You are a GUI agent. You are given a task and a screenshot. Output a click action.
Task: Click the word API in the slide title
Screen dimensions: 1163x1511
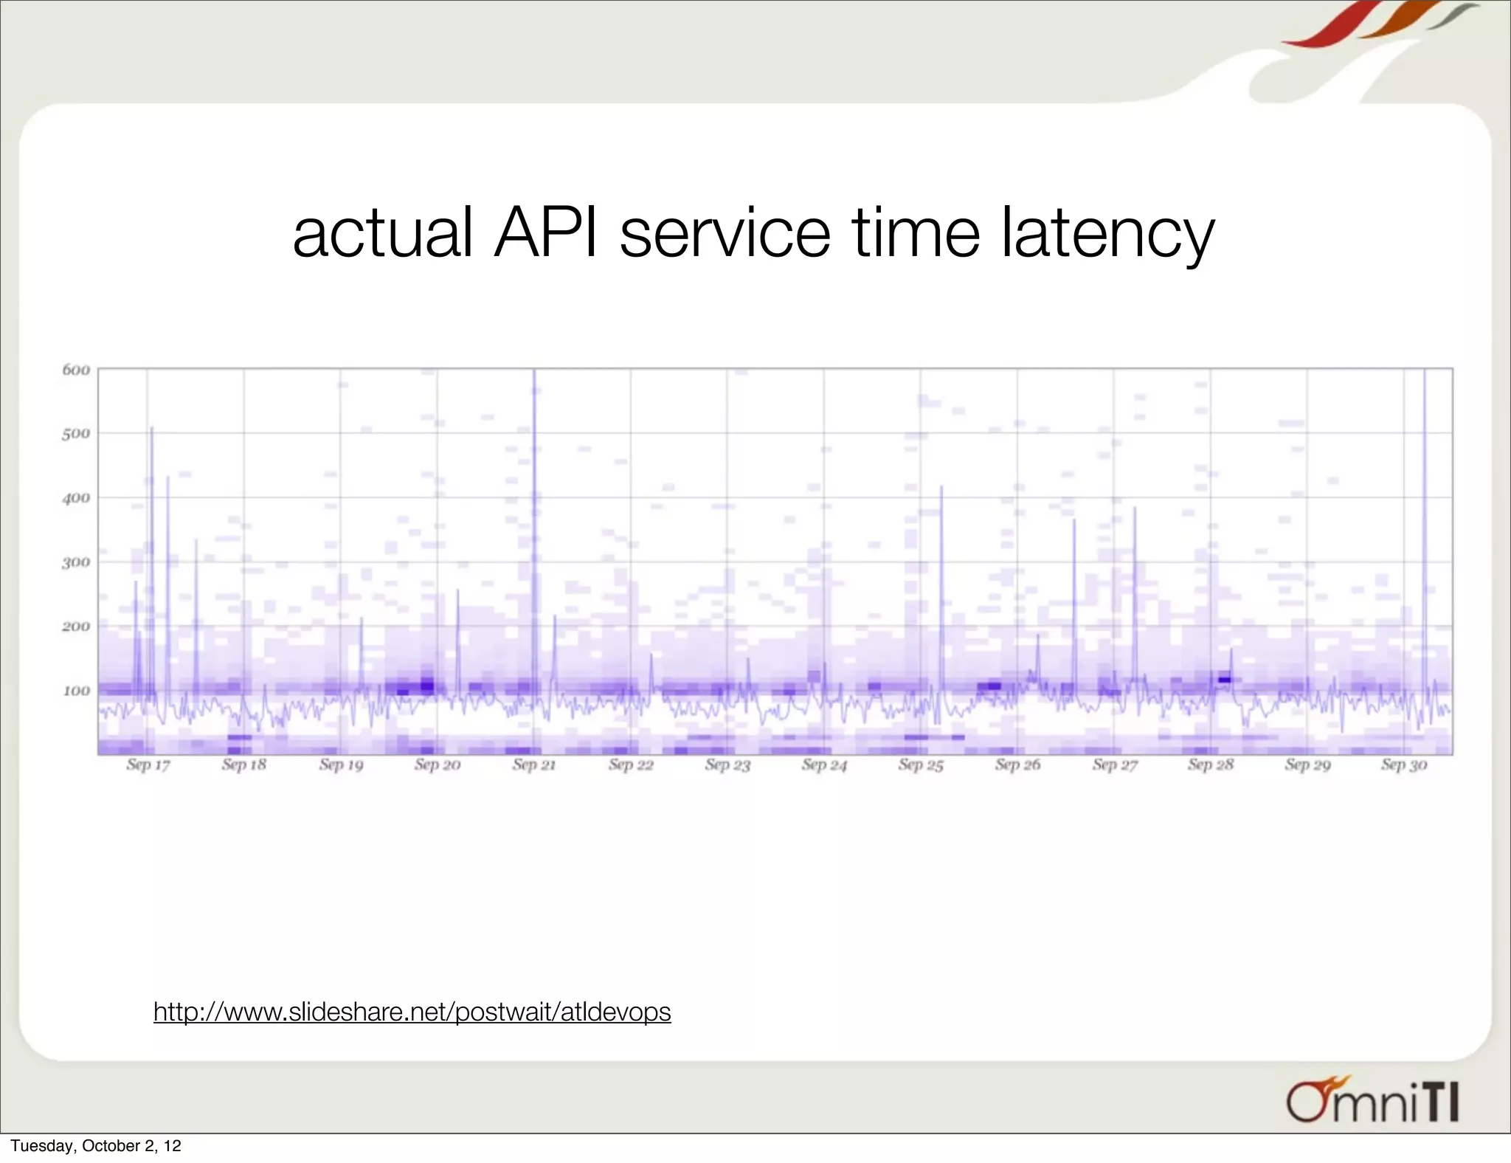click(545, 233)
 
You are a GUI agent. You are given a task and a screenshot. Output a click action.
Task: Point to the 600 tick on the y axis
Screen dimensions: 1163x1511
click(76, 370)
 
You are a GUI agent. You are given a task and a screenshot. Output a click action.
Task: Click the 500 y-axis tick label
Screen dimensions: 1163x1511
click(76, 433)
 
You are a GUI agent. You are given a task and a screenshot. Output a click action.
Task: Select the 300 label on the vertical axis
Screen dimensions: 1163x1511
click(76, 562)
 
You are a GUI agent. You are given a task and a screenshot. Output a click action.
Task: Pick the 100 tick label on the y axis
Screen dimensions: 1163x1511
click(76, 691)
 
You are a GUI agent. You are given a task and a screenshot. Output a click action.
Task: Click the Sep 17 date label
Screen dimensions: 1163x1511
click(148, 765)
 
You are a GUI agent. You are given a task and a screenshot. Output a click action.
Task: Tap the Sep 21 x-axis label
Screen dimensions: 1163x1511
click(534, 765)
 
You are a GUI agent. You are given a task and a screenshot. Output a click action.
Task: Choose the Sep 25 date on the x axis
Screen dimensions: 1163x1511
click(921, 765)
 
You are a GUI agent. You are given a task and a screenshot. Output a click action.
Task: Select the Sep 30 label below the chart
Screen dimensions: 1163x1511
click(1404, 765)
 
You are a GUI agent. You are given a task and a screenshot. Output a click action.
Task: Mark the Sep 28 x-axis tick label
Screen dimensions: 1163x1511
click(1211, 765)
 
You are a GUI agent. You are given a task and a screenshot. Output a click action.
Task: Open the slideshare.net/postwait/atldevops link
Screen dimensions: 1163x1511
click(412, 1011)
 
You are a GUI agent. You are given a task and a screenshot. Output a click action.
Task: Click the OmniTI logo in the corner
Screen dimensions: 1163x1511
click(1372, 1102)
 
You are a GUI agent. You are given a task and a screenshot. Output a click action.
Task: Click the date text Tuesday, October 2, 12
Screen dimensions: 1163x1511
click(96, 1146)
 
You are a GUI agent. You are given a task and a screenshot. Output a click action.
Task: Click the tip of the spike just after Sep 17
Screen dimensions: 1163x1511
click(152, 427)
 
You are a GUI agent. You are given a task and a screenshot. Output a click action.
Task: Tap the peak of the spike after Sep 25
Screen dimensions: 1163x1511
click(941, 486)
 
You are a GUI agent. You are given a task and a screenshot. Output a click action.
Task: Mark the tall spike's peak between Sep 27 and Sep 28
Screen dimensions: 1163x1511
click(1135, 508)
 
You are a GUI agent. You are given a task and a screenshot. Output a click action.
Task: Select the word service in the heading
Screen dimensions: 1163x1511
click(725, 233)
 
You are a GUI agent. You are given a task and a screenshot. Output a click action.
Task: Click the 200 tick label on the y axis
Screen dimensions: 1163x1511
click(76, 627)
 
